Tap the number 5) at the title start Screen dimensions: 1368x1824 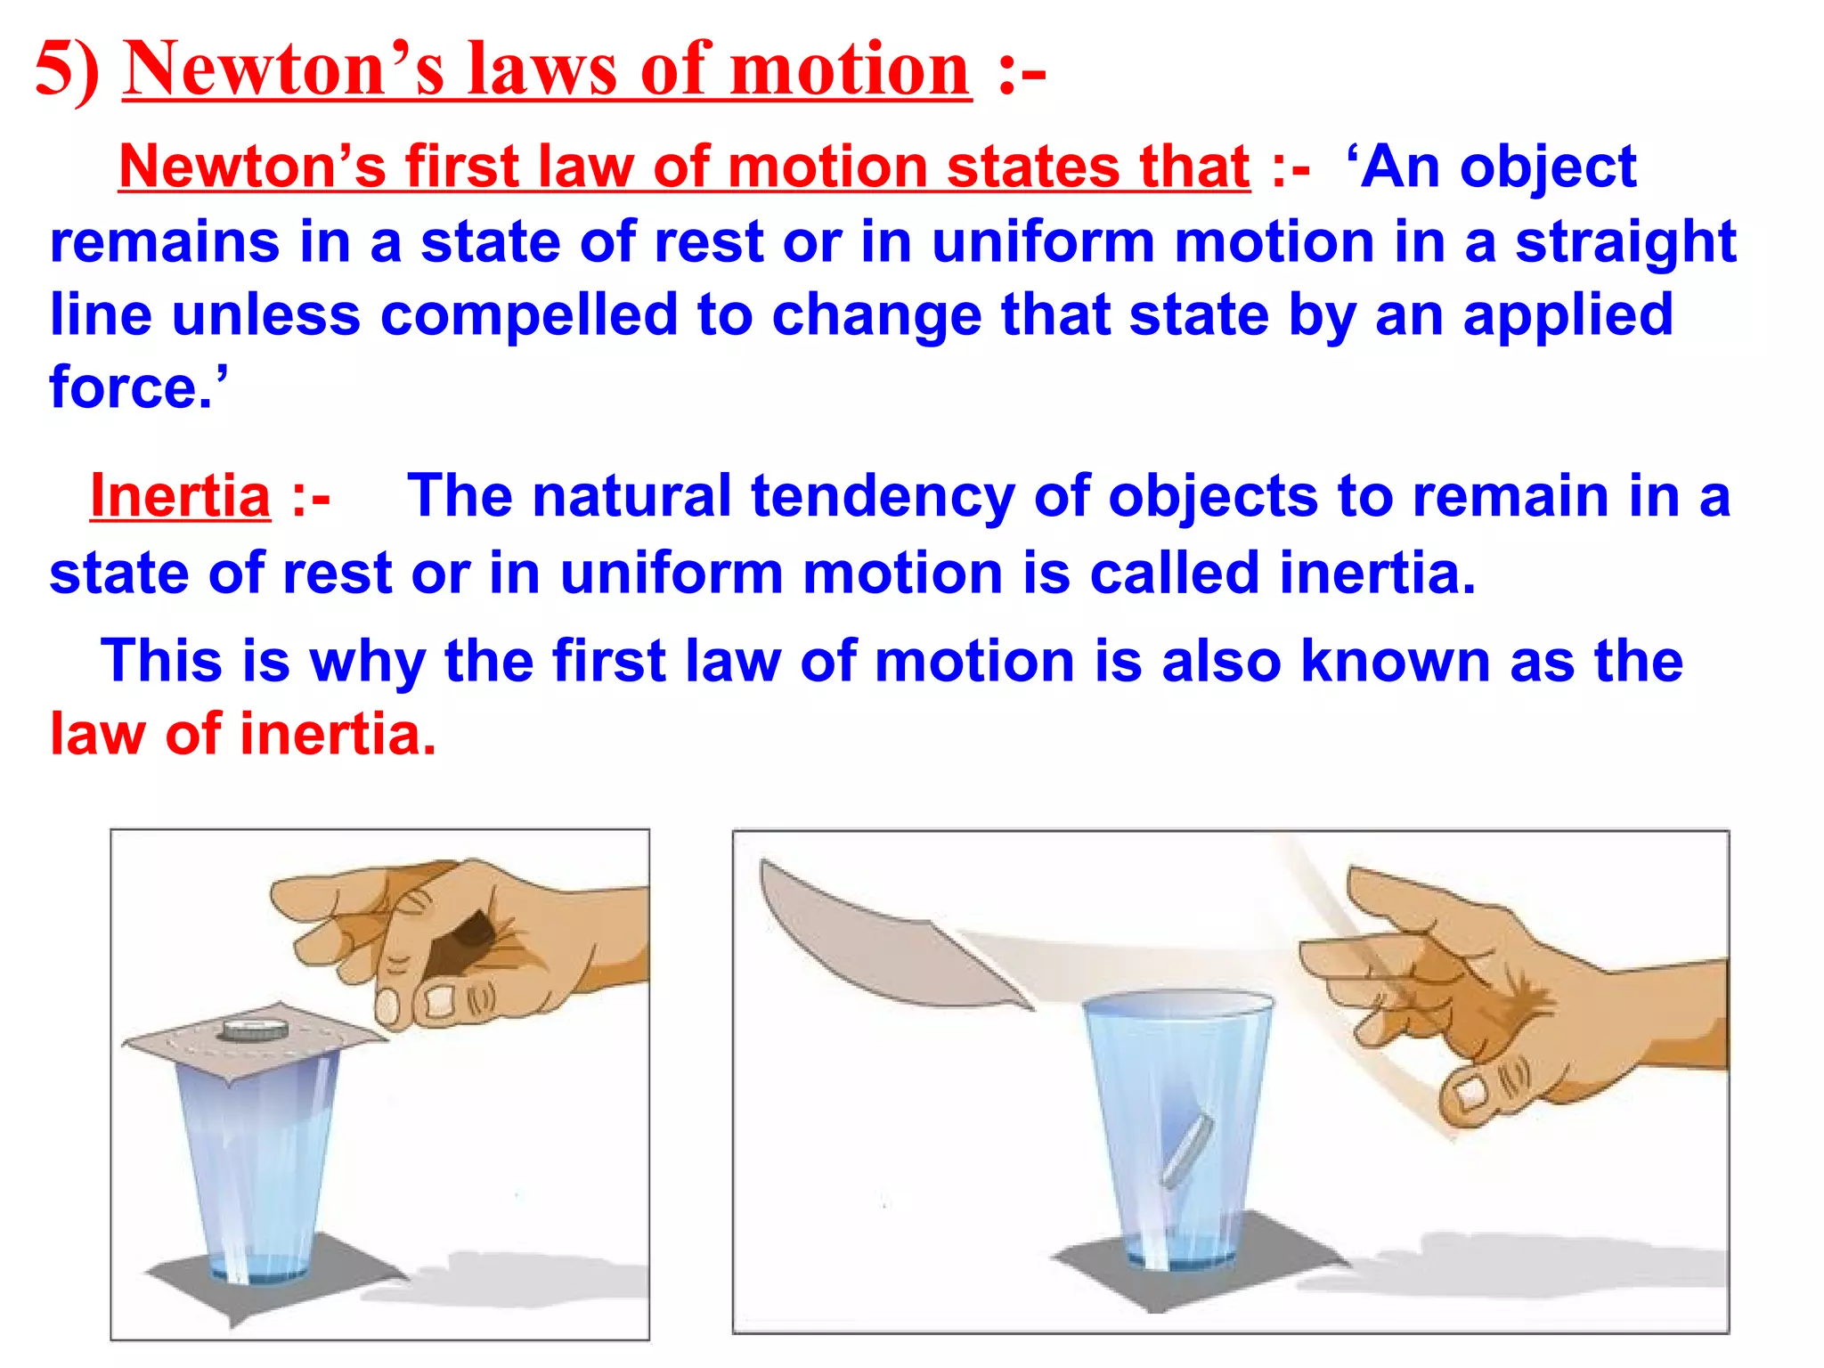[67, 69]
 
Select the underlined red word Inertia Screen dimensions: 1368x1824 [180, 496]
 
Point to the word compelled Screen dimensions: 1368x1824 [528, 315]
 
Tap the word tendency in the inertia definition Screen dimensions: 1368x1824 [883, 496]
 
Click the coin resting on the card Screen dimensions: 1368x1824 [254, 1030]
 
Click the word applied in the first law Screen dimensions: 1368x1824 [1567, 315]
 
